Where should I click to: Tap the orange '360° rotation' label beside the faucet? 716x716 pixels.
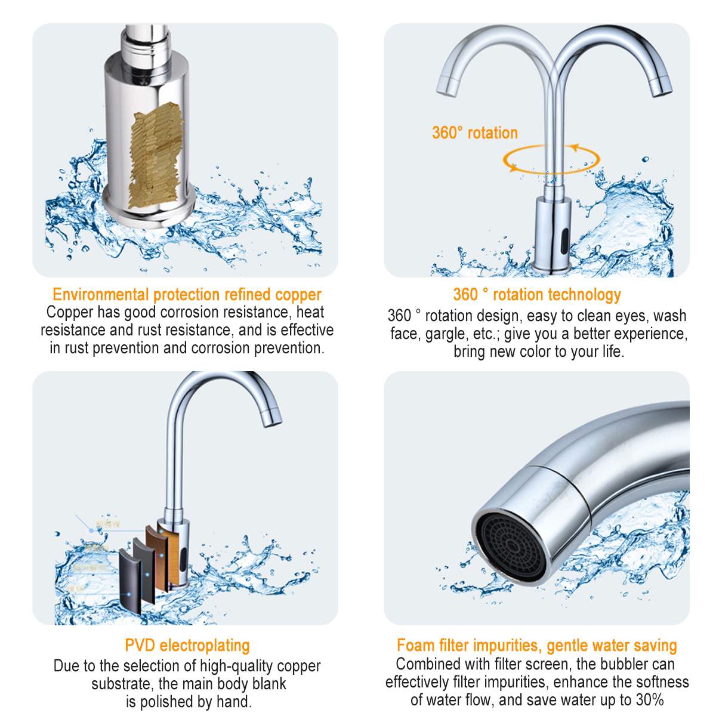coord(475,132)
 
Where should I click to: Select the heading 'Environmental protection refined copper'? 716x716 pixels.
coord(187,294)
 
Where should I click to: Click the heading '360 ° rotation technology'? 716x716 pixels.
coord(537,294)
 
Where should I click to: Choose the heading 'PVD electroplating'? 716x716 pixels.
coord(187,645)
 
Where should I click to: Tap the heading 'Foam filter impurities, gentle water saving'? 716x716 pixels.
coord(537,645)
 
